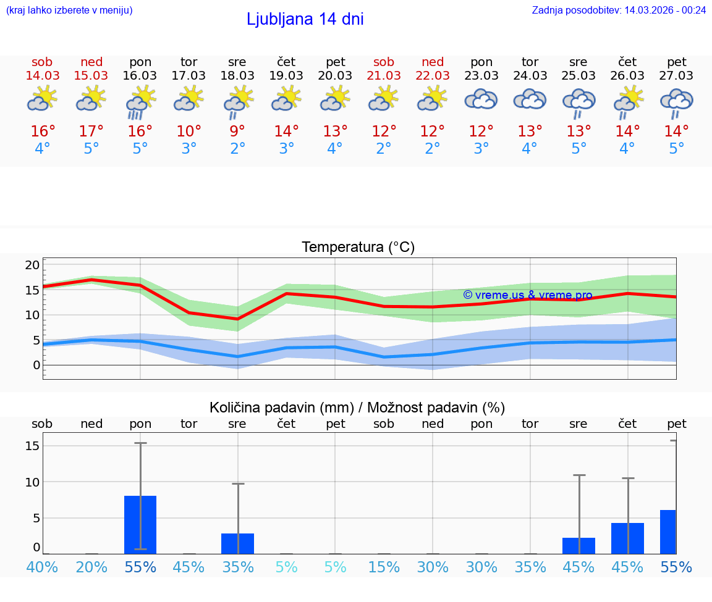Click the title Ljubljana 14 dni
point(305,19)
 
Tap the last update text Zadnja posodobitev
point(619,10)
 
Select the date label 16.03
point(140,75)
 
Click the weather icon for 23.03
point(481,100)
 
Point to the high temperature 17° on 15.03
point(91,132)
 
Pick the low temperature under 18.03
point(237,149)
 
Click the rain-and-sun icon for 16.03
point(140,101)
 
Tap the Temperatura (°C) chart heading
point(358,248)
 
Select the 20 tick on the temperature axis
point(32,265)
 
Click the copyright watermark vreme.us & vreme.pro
point(528,295)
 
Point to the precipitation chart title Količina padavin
point(357,408)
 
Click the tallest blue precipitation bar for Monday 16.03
point(140,524)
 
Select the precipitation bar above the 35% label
point(237,543)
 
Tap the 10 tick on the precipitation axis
point(33,482)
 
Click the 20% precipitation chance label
point(91,567)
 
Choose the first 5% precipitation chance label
point(286,567)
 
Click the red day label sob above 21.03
point(384,62)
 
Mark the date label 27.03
point(676,75)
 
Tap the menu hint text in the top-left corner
point(69,10)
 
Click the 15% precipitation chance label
point(384,567)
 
